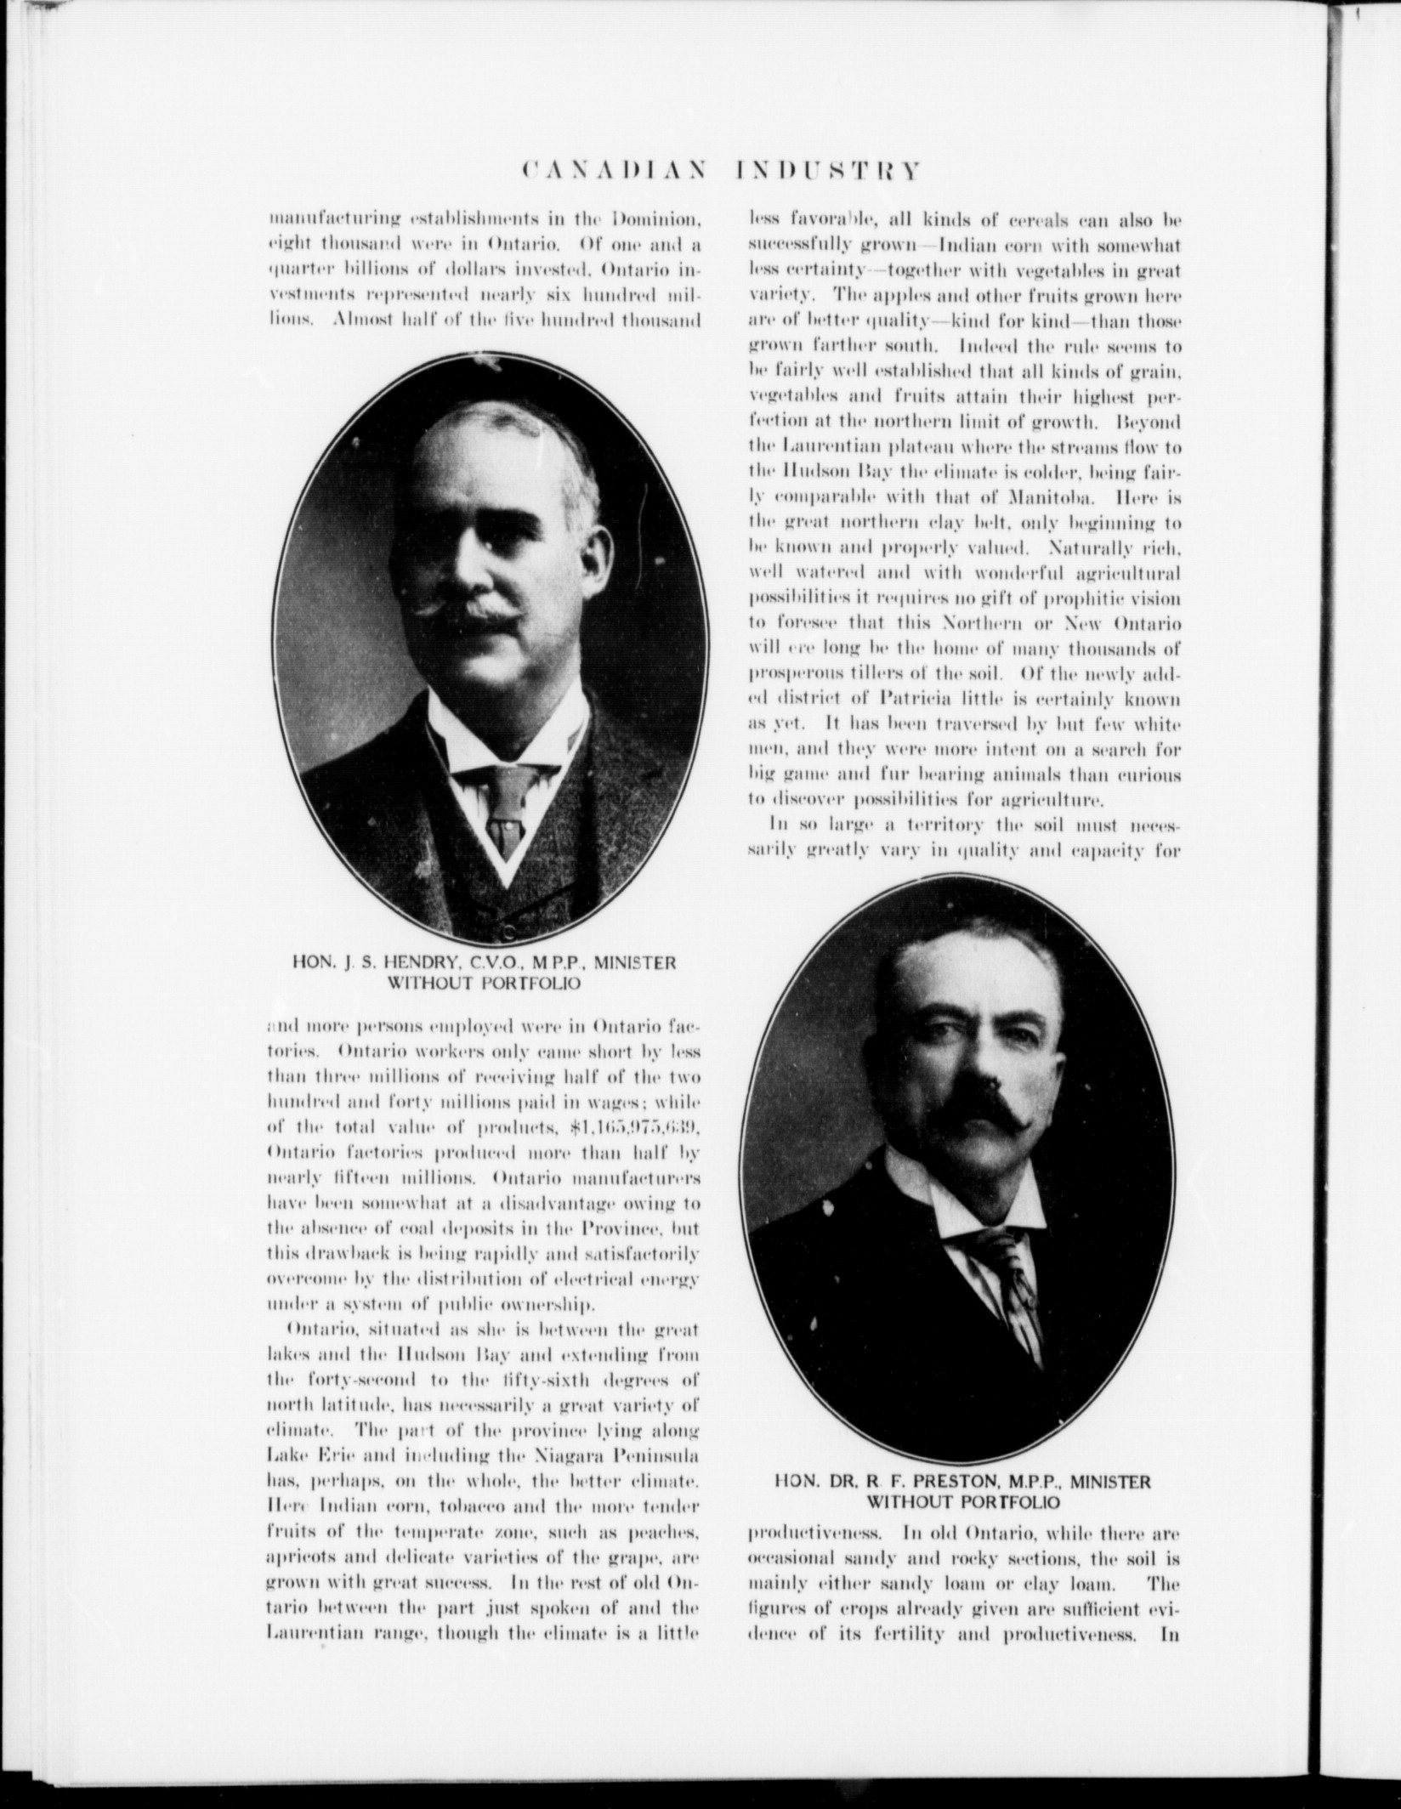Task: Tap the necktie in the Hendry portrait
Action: pos(505,803)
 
